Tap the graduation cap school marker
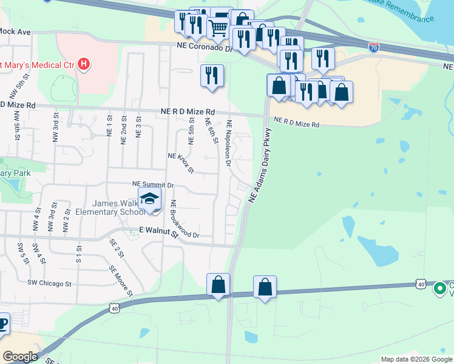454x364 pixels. point(149,199)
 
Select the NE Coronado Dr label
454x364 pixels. point(205,45)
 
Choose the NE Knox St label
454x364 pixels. point(180,163)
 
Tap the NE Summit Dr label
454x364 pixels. point(153,184)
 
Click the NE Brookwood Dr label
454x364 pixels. point(185,218)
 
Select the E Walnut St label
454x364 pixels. point(160,231)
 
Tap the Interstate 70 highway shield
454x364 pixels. point(374,46)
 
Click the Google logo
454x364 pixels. point(19,357)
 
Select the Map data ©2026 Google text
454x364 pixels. point(416,359)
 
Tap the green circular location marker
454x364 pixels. point(440,288)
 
